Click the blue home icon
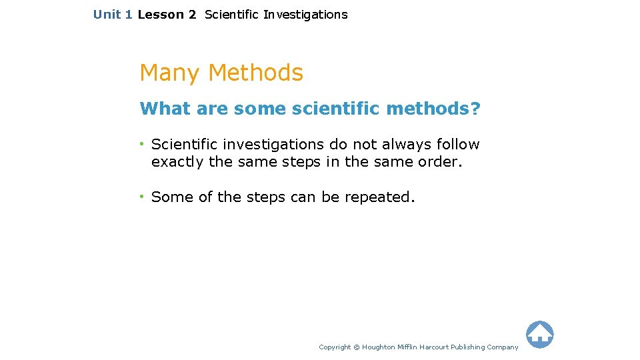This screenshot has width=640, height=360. (539, 335)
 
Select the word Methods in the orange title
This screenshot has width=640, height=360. (256, 73)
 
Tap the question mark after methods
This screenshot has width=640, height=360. (475, 108)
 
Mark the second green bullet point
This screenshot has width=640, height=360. (143, 197)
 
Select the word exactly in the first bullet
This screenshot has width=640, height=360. (177, 162)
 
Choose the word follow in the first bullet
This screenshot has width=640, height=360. (459, 145)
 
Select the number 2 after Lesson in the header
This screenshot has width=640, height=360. (192, 14)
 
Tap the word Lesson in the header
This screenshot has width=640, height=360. (161, 14)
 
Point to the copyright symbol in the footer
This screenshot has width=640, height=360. (356, 347)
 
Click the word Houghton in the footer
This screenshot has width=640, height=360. (379, 347)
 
